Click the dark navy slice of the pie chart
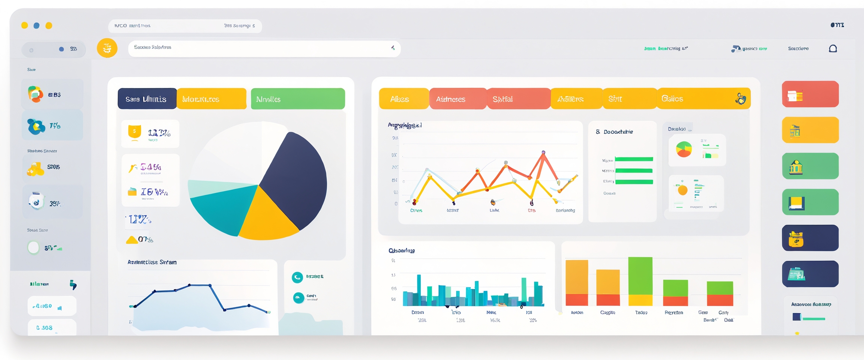coord(296,180)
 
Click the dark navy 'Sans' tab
coord(147,99)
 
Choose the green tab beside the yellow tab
coord(298,99)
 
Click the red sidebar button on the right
coord(810,94)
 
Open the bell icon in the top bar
coord(833,49)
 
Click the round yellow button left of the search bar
coord(107,48)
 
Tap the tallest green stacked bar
coord(640,276)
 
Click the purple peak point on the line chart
coord(543,152)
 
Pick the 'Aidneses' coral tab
coord(457,99)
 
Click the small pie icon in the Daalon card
coord(684,149)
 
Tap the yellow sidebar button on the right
coord(810,130)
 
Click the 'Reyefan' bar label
coord(674,312)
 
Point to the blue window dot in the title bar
coord(36,25)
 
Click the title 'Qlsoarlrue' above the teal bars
coord(402,250)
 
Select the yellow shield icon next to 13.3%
coord(134,132)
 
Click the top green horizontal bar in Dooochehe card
coord(634,159)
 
